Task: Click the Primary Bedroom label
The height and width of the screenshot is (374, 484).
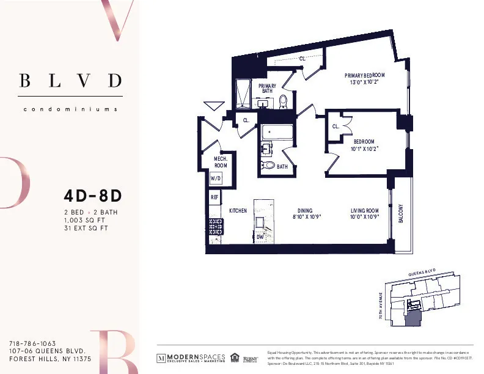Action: click(370, 78)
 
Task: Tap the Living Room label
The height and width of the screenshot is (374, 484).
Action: click(365, 213)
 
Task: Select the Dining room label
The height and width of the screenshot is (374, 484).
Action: click(304, 213)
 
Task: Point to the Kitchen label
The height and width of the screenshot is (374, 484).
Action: click(238, 210)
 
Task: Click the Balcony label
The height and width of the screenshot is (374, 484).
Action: click(402, 213)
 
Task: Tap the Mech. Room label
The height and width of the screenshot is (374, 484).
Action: click(221, 162)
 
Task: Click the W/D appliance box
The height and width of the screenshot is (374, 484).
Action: click(216, 178)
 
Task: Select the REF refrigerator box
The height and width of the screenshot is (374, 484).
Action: click(215, 197)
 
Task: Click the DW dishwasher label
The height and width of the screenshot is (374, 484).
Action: click(260, 236)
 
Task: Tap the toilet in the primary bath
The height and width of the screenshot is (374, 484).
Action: click(283, 101)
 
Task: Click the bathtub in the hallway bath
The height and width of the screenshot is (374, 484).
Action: click(277, 132)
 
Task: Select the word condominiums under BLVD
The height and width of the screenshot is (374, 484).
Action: click(70, 109)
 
